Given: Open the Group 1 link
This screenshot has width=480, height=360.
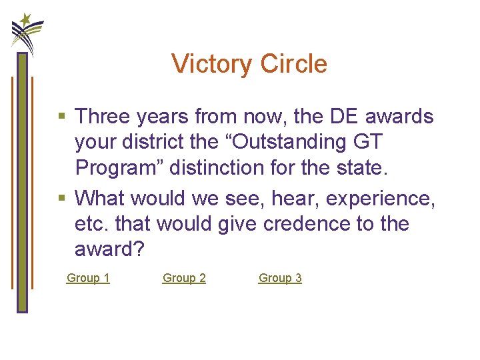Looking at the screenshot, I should click(88, 278).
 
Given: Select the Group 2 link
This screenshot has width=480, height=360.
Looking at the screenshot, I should click(184, 278).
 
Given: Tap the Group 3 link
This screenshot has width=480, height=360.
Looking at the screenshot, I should click(280, 278).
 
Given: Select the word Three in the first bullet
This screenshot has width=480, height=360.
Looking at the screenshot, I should click(104, 117).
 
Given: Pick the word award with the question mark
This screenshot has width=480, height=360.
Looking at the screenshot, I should click(106, 249).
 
